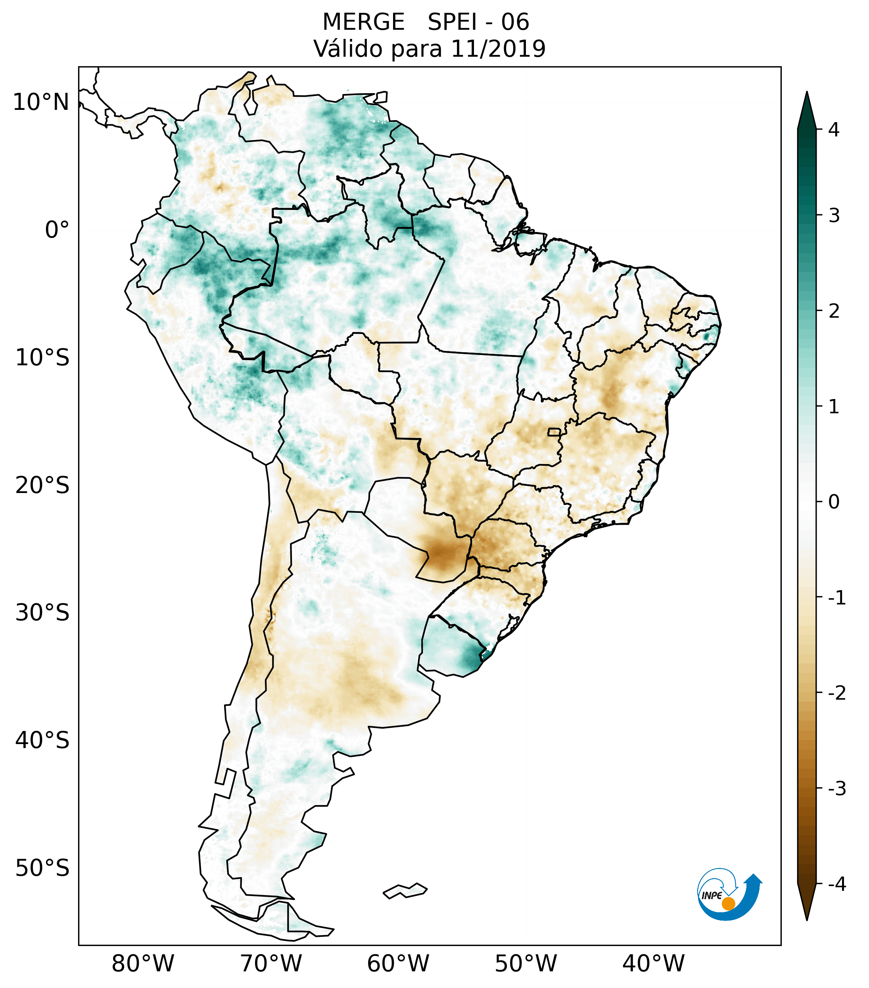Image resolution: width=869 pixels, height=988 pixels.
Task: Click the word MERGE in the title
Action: coord(363,22)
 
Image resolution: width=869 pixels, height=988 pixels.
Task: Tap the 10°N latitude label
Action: coord(41,102)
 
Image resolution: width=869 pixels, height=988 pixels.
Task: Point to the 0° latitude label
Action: coord(57,230)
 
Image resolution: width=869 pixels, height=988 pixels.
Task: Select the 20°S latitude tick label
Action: coord(42,485)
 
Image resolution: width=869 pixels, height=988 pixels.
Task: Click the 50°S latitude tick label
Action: coord(42,869)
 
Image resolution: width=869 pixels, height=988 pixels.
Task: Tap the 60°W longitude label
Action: coord(398,963)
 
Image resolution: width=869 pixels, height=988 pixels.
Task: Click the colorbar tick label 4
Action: coord(834,130)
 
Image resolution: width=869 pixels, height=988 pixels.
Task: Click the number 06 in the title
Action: coord(515,22)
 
